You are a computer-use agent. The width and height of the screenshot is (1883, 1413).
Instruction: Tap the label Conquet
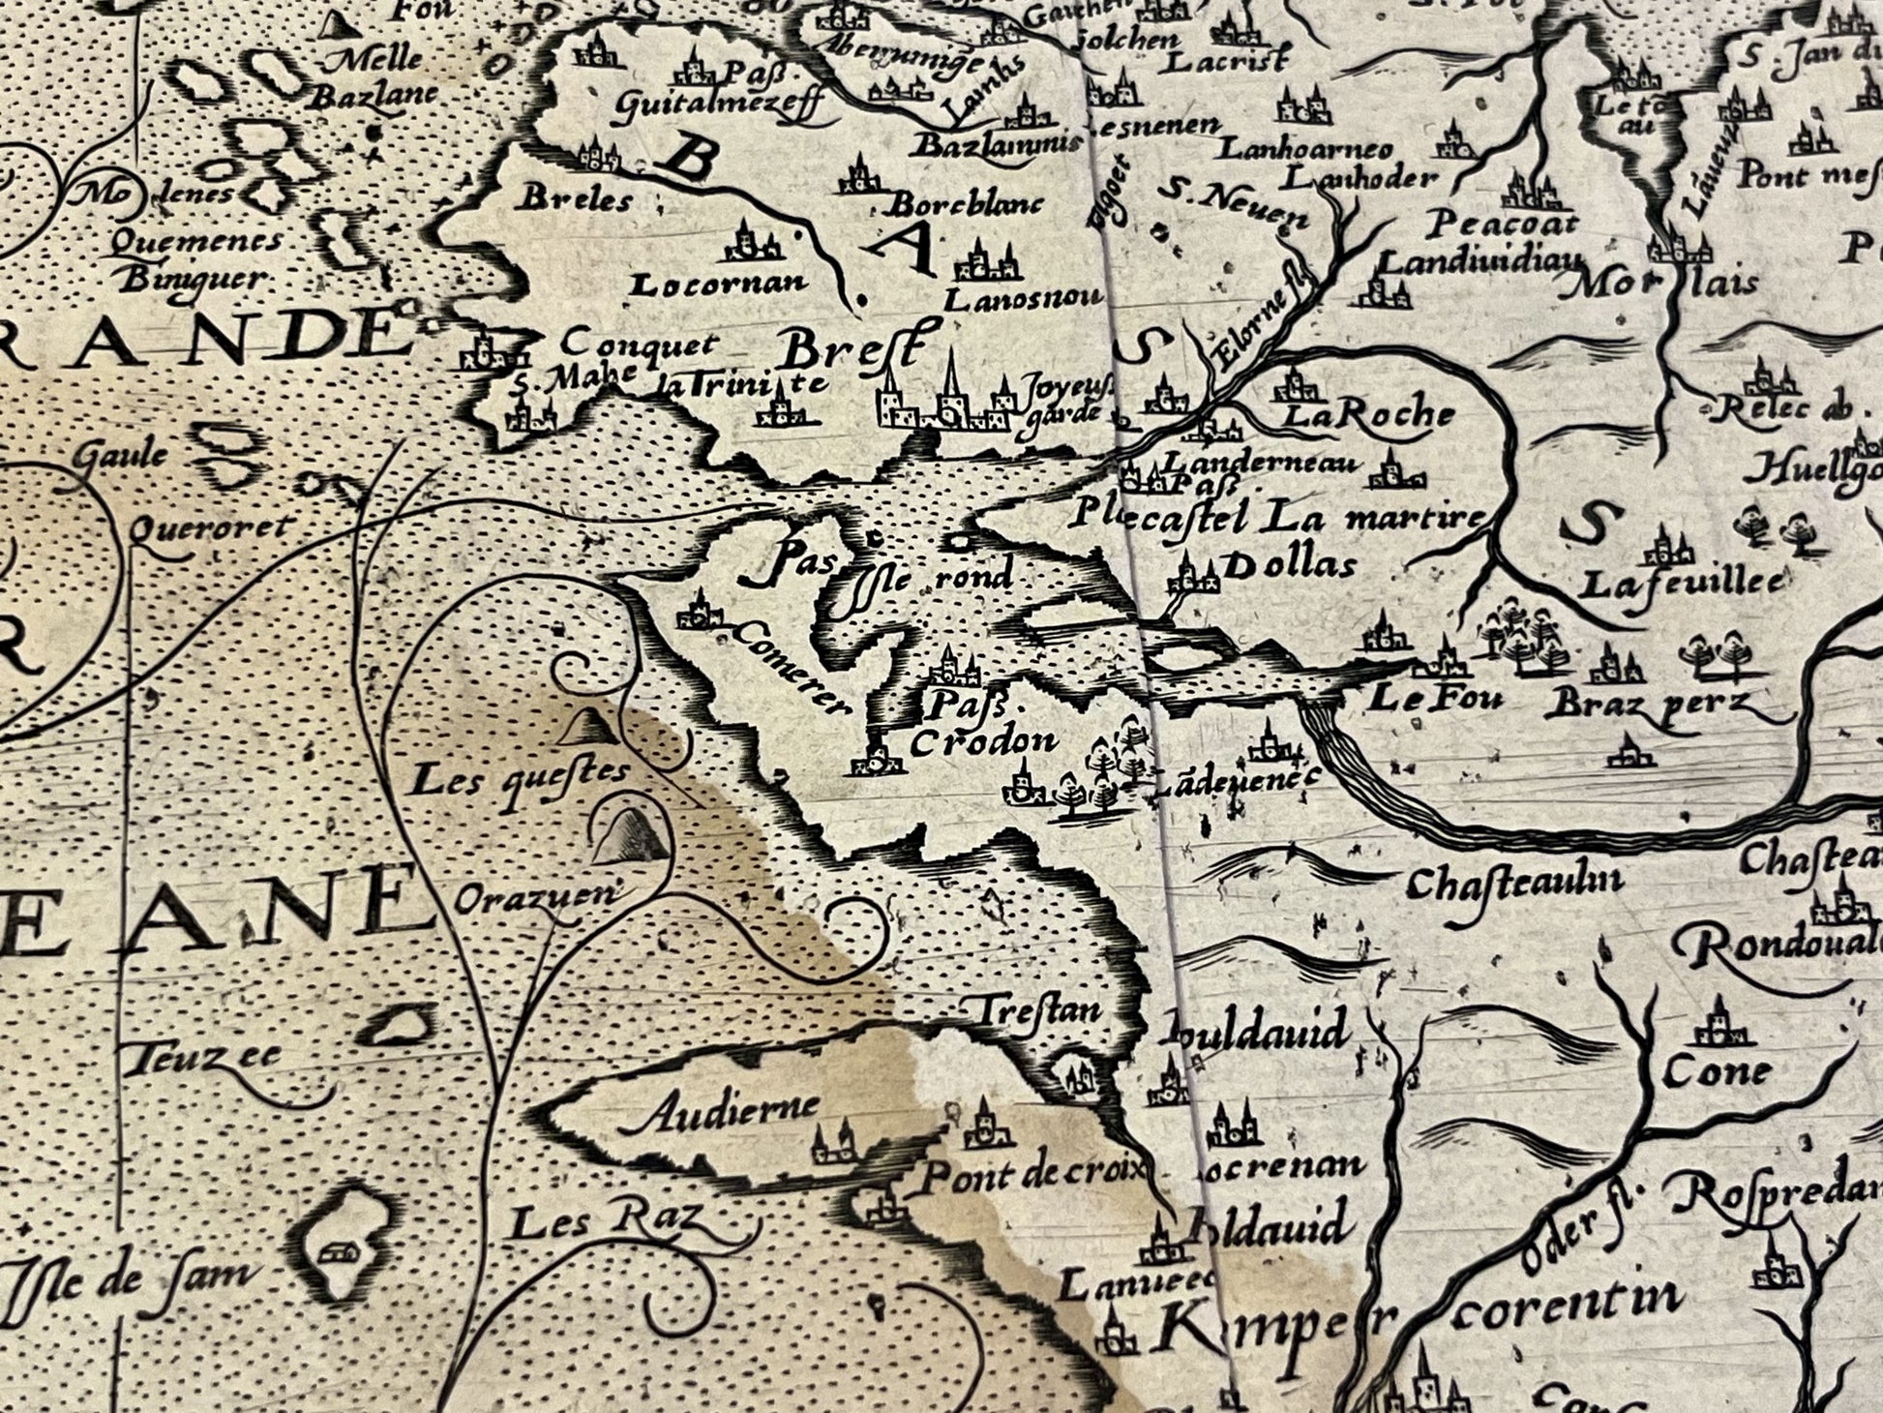point(640,343)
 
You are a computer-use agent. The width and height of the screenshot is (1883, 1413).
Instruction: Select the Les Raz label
point(604,1225)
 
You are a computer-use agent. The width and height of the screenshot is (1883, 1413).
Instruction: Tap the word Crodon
point(983,741)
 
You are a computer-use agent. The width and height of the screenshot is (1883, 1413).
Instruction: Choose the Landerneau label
point(1260,463)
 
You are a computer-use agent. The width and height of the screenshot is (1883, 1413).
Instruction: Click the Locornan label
point(718,284)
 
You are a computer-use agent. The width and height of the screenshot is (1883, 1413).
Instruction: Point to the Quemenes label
point(196,241)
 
